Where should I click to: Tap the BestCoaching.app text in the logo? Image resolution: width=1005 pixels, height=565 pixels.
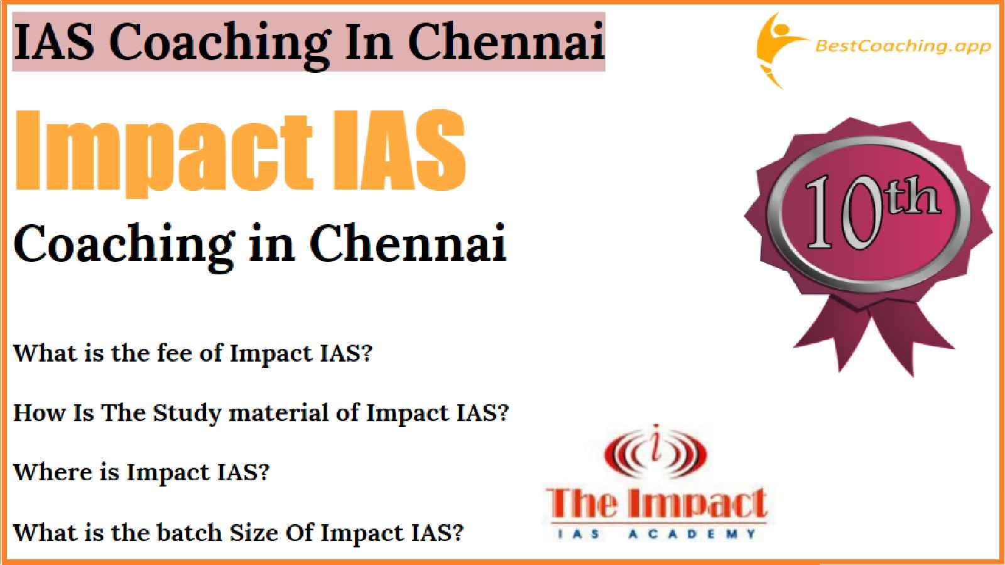(903, 46)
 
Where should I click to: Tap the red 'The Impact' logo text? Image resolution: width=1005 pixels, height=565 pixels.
(656, 503)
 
